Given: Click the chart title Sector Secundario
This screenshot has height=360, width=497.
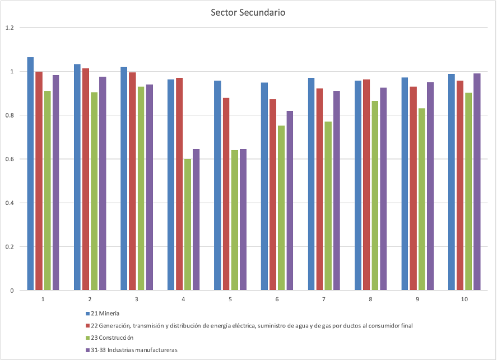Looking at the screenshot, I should (248, 12).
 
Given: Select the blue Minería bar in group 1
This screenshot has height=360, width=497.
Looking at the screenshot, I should (30, 174).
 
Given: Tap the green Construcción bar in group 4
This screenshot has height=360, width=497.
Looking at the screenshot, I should (188, 225).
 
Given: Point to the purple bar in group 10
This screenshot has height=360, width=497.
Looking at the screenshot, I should (477, 182).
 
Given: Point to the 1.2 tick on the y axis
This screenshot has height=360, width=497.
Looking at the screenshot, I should (9, 27).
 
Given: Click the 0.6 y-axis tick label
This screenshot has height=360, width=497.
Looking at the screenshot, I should (9, 159).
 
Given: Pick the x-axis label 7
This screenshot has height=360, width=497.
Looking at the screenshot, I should (324, 300).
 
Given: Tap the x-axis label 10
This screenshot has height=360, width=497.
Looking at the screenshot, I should (465, 300).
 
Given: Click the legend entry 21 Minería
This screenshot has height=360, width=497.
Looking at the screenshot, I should (106, 314).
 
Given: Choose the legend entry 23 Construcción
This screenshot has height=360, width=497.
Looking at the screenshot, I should (113, 338).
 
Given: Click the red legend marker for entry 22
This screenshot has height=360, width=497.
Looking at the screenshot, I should (87, 326).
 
